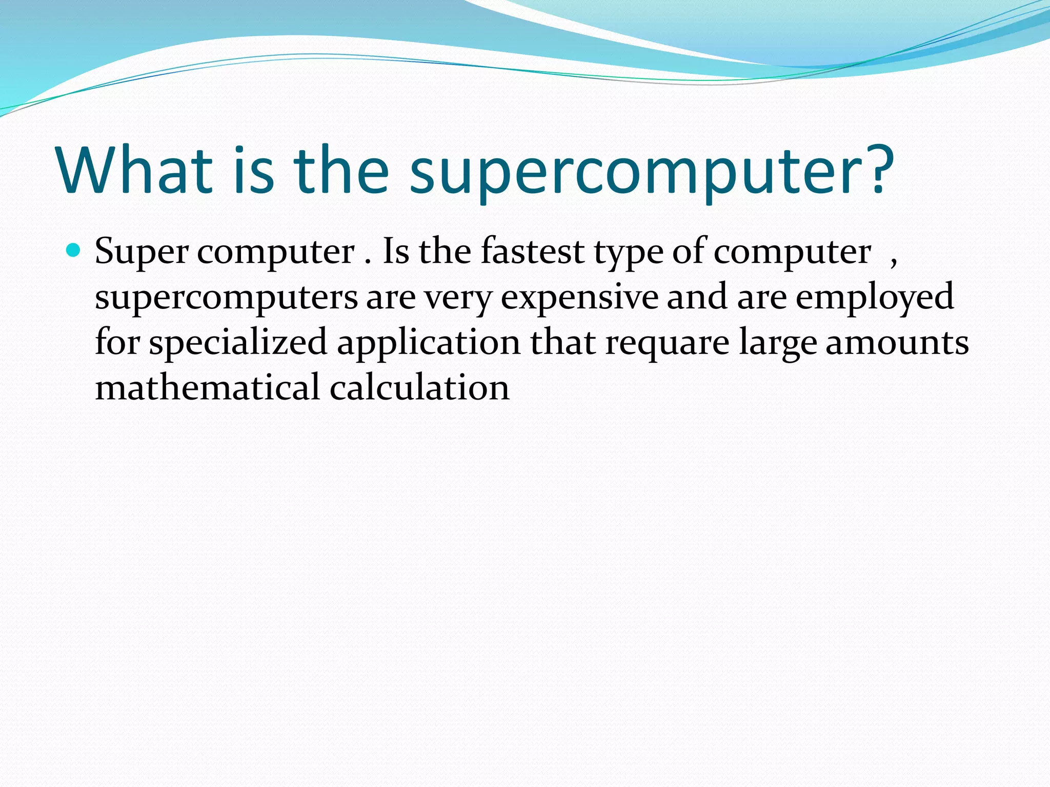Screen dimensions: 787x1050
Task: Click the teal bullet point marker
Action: [x=74, y=251]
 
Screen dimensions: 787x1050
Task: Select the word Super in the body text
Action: [x=142, y=253]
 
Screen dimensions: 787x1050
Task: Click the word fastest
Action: [x=533, y=252]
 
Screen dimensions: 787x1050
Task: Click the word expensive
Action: [x=579, y=299]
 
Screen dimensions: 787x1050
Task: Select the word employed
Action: [x=874, y=299]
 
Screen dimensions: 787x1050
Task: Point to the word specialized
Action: [x=238, y=344]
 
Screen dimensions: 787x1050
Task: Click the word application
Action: [x=429, y=344]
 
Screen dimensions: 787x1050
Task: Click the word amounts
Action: [x=897, y=343]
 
